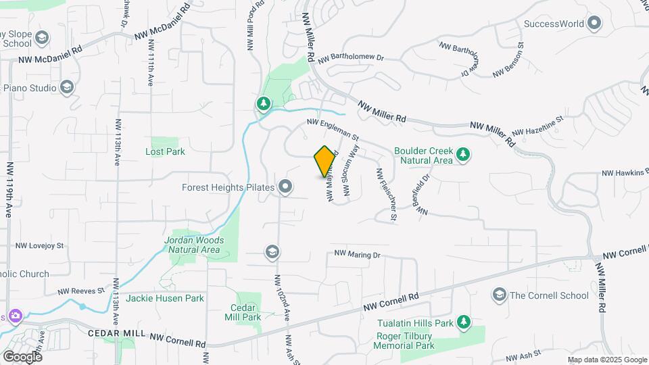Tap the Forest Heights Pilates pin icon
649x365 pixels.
point(285,187)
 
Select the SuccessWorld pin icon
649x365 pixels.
point(595,24)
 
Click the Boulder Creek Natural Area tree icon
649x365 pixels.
point(463,155)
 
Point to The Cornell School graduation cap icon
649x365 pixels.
point(500,295)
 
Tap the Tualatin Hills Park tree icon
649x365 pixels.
point(463,322)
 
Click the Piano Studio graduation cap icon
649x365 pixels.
point(67,87)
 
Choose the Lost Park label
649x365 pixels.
point(165,151)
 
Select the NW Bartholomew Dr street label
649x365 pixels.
point(350,59)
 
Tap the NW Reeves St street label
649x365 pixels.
point(81,291)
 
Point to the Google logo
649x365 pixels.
point(22,356)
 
